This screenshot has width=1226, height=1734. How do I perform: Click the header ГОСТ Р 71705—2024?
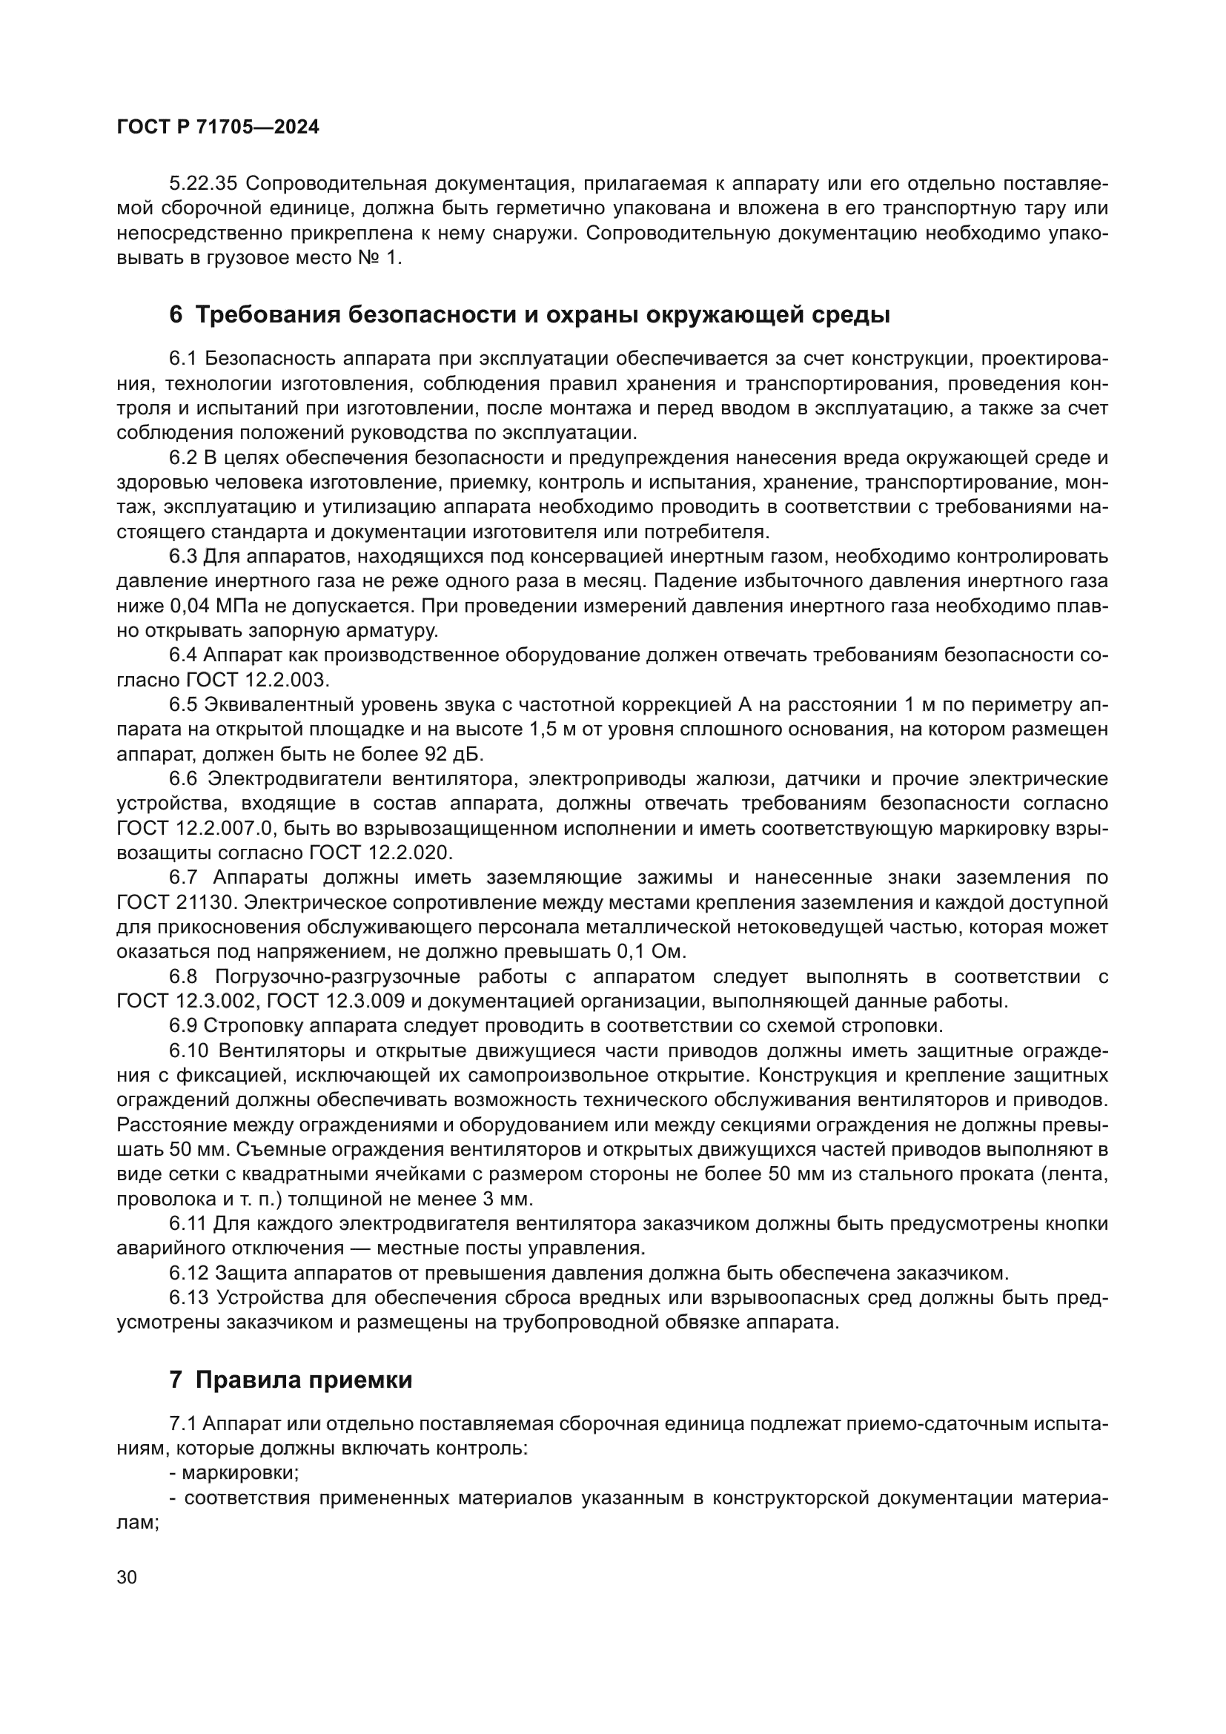pyautogui.click(x=218, y=128)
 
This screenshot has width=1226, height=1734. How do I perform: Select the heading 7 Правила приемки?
pyautogui.click(x=291, y=1380)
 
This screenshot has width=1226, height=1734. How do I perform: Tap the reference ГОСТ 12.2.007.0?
pyautogui.click(x=194, y=829)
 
